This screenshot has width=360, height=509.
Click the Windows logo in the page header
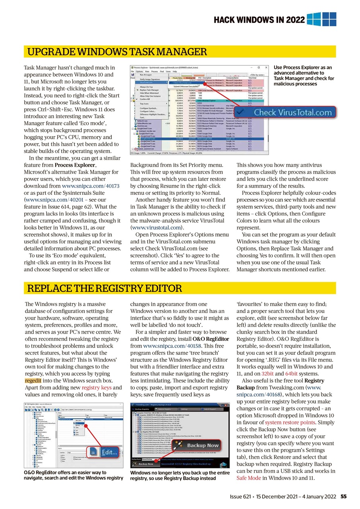coord(321,19)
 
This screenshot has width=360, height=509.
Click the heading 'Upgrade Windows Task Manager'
coord(116,52)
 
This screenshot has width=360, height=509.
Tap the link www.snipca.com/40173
coord(91,186)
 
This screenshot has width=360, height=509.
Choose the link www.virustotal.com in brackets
coord(156,228)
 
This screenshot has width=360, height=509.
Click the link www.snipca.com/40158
coord(166,346)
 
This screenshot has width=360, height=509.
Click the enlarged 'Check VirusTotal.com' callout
coord(288,113)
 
